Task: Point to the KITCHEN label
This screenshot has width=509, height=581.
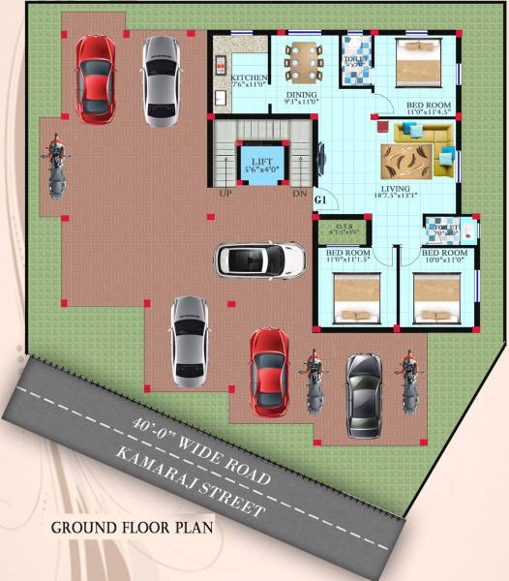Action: click(x=250, y=79)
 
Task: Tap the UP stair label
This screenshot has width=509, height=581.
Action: click(x=225, y=194)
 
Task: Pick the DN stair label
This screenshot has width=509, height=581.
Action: click(x=299, y=194)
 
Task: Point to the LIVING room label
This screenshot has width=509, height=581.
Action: click(x=395, y=188)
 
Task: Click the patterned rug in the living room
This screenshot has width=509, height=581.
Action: click(x=402, y=159)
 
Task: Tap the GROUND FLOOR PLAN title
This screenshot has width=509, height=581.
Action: click(x=132, y=529)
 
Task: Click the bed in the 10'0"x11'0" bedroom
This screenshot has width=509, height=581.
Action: click(x=436, y=297)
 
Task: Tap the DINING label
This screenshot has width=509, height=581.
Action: click(x=301, y=94)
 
